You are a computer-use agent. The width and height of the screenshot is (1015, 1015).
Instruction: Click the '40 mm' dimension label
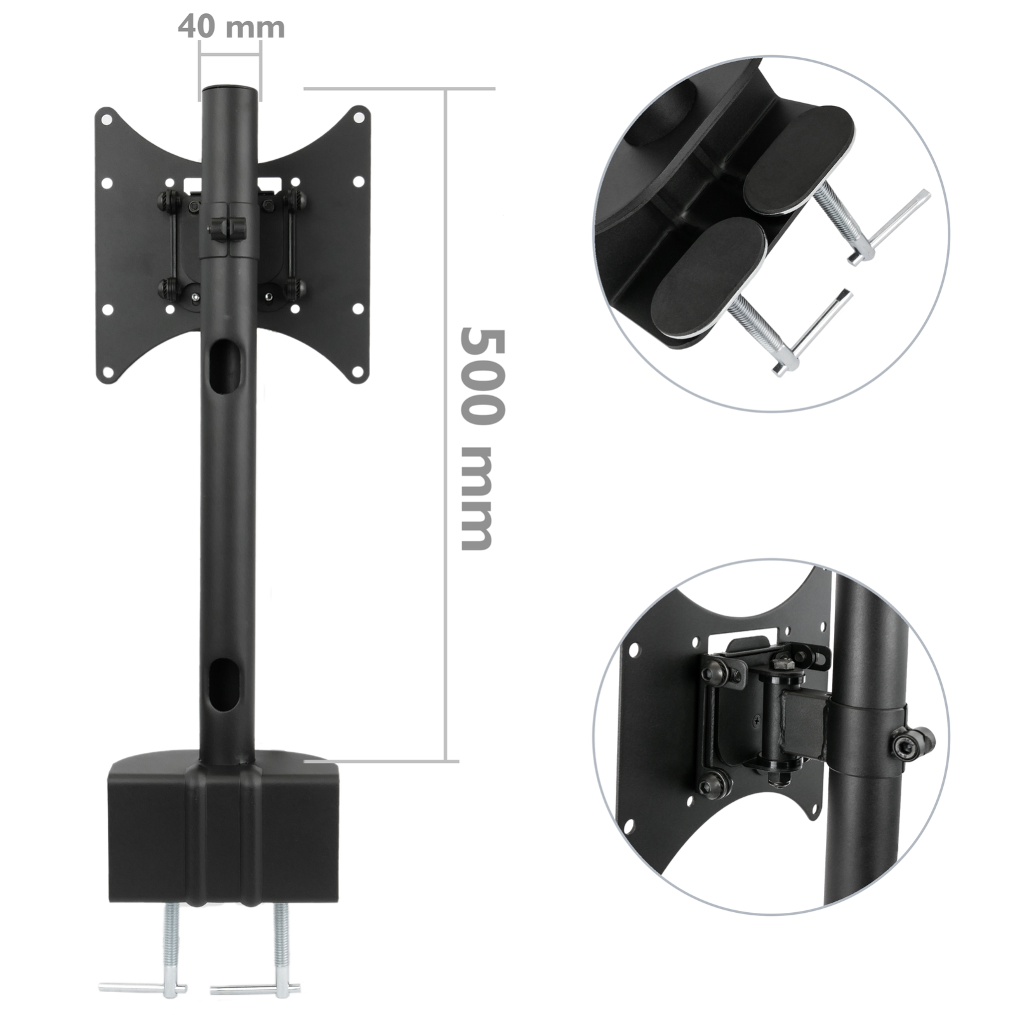pos(231,27)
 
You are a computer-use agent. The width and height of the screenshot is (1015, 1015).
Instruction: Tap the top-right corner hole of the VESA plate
pos(359,117)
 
